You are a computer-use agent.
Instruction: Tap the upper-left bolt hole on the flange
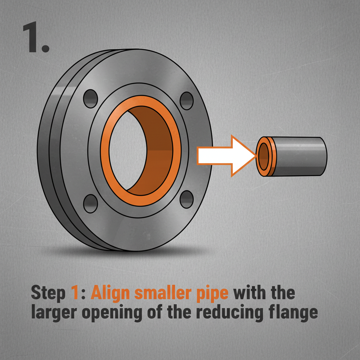(x=90, y=98)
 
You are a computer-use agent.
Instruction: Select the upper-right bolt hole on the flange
(x=187, y=101)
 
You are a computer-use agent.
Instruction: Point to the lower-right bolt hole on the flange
(x=186, y=199)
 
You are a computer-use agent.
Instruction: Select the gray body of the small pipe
(x=302, y=156)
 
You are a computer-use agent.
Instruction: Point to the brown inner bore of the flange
(x=155, y=151)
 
